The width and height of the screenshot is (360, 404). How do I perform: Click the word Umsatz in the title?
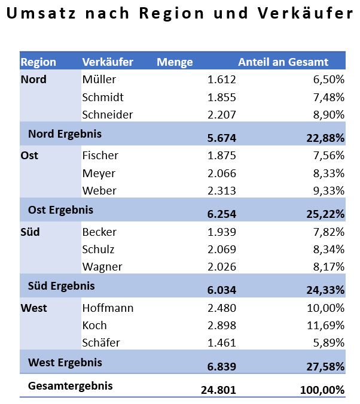(x=41, y=13)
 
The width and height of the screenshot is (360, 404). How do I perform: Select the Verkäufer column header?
(x=108, y=62)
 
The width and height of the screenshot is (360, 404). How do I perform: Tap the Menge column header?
(x=175, y=62)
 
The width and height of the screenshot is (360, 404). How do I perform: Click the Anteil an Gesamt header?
(x=283, y=62)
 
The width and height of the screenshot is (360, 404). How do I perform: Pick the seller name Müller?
(x=99, y=79)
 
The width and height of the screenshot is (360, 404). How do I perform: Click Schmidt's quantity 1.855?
(x=222, y=97)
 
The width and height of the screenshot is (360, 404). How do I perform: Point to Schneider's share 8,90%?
(x=329, y=114)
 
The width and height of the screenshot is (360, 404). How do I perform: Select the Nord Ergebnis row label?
(x=65, y=134)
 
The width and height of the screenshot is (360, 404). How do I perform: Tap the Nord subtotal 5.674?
(x=222, y=138)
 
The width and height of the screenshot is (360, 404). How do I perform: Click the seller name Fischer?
(x=100, y=156)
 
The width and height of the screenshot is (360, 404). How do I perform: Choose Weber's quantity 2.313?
(x=222, y=191)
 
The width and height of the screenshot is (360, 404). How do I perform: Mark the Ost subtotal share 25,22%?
(x=325, y=214)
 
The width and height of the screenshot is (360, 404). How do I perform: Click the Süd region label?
(x=30, y=232)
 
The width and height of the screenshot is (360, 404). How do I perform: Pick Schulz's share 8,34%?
(x=329, y=249)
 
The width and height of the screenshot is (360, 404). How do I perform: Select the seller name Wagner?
(x=102, y=267)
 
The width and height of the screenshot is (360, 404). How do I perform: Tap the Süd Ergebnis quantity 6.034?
(x=222, y=290)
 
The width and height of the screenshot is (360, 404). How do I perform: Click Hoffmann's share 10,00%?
(x=326, y=308)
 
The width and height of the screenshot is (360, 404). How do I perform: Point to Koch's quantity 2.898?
(x=222, y=325)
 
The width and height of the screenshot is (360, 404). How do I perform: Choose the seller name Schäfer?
(x=101, y=342)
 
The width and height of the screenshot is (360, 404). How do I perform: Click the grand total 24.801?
(x=219, y=390)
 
